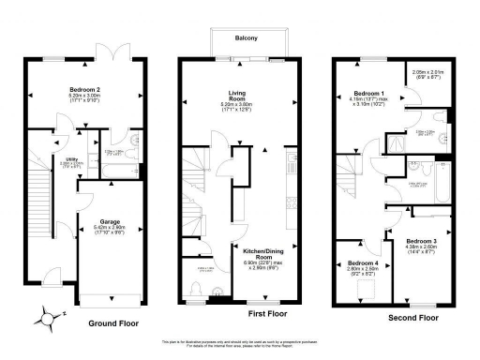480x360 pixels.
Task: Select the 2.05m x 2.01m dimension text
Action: pos(431,71)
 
